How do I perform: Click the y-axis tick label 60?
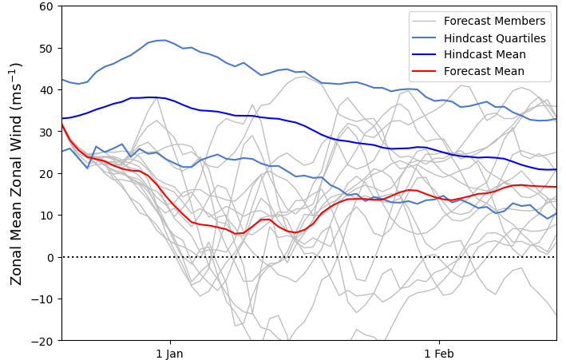pos(46,6)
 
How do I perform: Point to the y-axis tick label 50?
pos(46,48)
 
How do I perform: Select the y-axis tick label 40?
pos(46,90)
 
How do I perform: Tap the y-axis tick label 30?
pos(46,132)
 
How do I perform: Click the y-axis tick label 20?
pos(46,173)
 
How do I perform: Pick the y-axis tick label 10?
pos(46,216)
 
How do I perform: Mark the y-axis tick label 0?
pos(49,257)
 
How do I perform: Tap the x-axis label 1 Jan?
pos(169,353)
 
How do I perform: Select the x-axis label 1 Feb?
pos(438,353)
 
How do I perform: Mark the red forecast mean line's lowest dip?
pos(236,234)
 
